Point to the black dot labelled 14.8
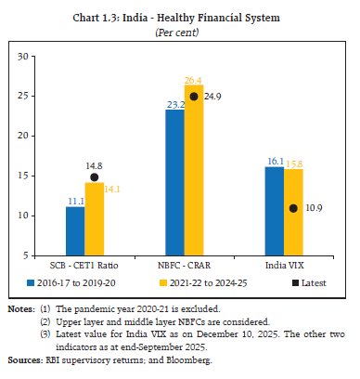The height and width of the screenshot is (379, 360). point(95,177)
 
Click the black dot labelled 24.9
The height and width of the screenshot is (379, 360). point(194,96)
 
